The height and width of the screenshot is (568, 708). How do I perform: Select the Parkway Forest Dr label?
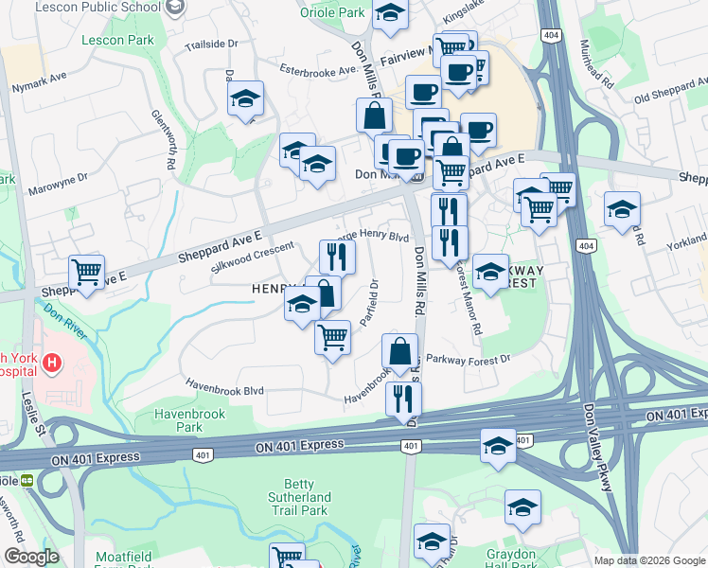(x=468, y=359)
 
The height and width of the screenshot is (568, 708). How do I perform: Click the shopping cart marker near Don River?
(x=87, y=273)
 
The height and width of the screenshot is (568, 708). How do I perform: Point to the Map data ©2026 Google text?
(x=649, y=560)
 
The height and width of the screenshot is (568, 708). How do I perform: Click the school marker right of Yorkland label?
(x=622, y=208)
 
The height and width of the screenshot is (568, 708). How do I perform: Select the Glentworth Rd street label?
(x=164, y=137)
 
